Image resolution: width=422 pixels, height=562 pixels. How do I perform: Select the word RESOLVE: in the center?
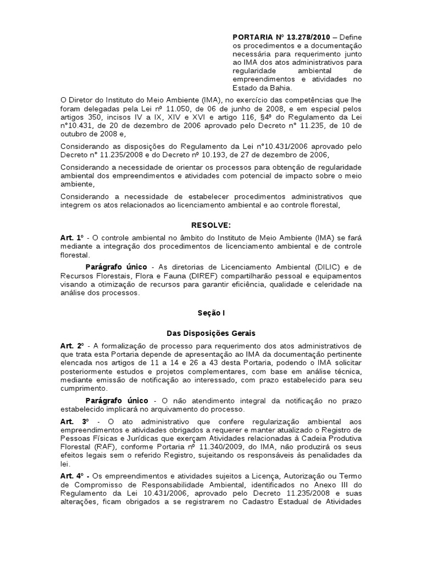click(211, 225)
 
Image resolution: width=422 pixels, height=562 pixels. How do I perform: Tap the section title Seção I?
click(211, 313)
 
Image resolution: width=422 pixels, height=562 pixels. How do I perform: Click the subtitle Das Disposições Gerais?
click(211, 333)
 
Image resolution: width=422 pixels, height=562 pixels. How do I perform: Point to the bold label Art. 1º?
click(71, 237)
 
